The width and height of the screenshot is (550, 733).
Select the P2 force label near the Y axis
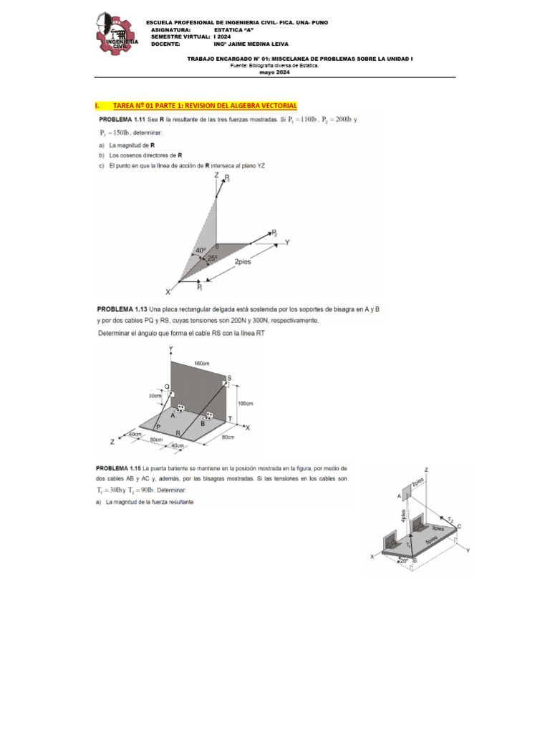(273, 233)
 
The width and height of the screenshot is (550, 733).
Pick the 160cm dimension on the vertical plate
(202, 364)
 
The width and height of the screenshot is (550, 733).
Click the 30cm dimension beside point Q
(155, 395)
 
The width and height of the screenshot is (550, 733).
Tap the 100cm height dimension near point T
(246, 404)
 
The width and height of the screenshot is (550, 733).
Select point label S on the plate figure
(229, 377)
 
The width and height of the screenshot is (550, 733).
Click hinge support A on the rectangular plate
(181, 408)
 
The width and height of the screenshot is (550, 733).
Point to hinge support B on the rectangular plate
(210, 416)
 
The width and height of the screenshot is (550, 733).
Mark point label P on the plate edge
(158, 427)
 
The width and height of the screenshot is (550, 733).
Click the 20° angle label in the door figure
(404, 560)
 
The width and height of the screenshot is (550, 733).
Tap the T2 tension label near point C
(450, 520)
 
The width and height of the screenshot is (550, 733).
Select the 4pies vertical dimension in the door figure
(404, 516)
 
